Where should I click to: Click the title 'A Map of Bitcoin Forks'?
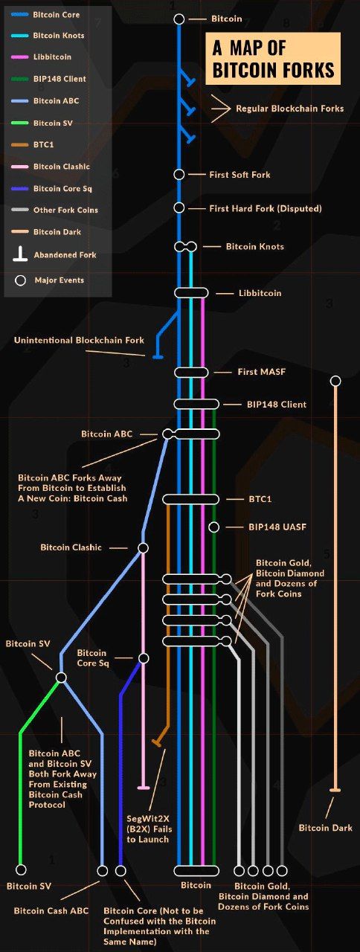(273, 59)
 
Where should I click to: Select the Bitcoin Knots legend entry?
(48, 36)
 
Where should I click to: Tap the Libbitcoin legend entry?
(41, 57)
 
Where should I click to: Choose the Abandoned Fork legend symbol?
(20, 254)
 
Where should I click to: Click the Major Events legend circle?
(20, 280)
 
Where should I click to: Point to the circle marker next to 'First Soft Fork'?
(179, 174)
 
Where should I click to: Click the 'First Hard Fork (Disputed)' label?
(266, 209)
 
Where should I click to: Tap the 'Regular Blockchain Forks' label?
(289, 109)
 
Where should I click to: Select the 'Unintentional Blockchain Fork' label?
(79, 340)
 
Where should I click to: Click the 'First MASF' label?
(261, 372)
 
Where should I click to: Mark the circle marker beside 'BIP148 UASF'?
(214, 527)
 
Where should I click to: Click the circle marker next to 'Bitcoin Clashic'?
(144, 548)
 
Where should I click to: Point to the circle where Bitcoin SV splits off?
(61, 678)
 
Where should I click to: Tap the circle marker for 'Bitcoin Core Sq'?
(144, 658)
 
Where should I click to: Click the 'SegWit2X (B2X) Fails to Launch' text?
(150, 829)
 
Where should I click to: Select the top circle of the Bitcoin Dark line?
(335, 382)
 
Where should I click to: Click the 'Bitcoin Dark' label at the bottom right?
(326, 828)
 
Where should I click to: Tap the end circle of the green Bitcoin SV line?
(21, 870)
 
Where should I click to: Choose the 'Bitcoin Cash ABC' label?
(51, 911)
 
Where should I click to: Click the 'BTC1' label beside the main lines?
(260, 499)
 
